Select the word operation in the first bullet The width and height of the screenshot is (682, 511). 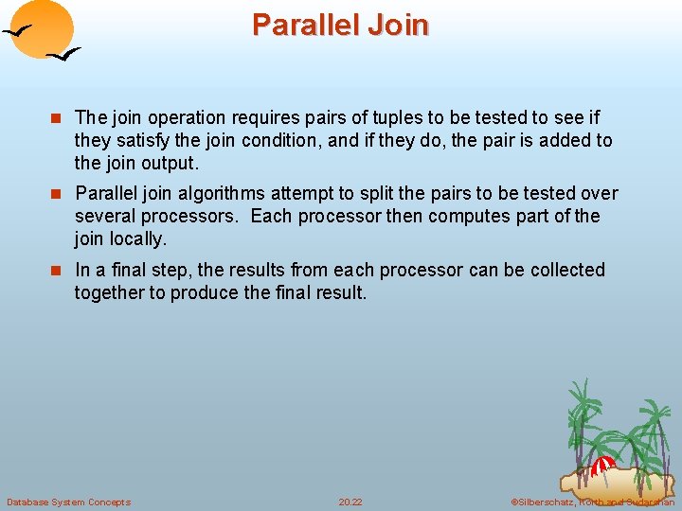[x=181, y=118]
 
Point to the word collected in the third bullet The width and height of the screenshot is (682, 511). [x=567, y=270]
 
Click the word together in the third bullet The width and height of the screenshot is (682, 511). [x=109, y=292]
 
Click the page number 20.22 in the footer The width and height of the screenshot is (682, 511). [x=350, y=502]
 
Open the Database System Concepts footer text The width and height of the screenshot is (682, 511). [x=68, y=502]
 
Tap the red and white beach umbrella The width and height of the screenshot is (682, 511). [x=602, y=465]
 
